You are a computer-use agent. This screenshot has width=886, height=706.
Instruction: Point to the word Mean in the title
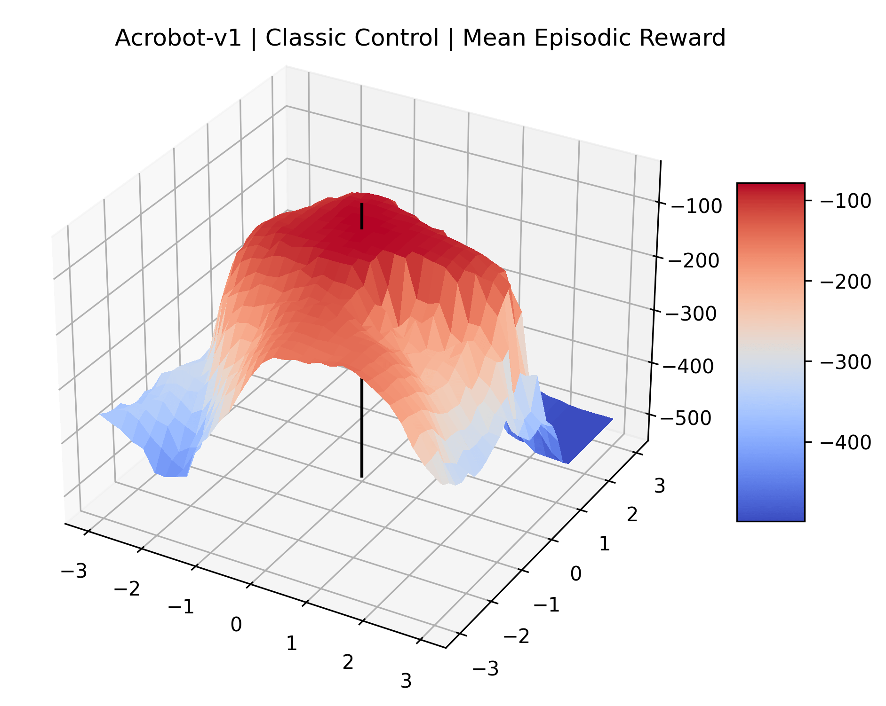tap(494, 38)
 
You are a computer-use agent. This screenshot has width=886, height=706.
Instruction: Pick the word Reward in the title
tap(682, 38)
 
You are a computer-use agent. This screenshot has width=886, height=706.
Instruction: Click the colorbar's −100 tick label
tap(846, 201)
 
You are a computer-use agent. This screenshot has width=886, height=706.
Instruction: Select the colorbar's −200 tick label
tap(846, 282)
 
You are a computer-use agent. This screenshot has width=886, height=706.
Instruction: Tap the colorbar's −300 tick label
tap(846, 362)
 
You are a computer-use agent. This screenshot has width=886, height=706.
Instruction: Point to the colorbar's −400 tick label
tap(846, 442)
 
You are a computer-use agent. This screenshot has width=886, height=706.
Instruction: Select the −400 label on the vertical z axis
tap(688, 366)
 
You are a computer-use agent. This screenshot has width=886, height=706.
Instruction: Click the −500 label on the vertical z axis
tap(685, 418)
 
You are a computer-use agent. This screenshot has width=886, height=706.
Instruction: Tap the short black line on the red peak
tap(361, 216)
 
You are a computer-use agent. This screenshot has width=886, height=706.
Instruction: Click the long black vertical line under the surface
tap(361, 428)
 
